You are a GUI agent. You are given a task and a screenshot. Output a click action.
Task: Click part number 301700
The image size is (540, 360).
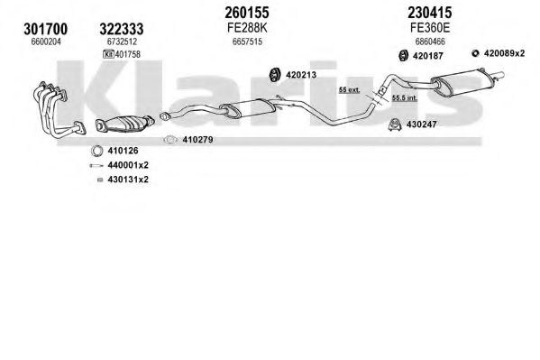click(46, 29)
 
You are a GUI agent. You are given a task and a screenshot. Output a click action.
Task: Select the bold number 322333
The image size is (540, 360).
click(122, 29)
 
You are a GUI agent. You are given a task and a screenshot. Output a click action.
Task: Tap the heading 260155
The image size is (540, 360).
click(247, 13)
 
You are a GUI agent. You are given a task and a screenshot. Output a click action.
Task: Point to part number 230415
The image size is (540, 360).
click(430, 13)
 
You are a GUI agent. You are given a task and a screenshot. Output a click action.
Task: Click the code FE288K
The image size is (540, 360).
click(247, 28)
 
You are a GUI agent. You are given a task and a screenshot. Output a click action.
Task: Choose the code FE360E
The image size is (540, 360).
click(430, 28)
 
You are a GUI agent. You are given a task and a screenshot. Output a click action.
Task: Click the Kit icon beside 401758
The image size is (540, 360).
click(108, 54)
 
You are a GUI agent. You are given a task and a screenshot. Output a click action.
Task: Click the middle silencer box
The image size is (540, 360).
click(248, 106)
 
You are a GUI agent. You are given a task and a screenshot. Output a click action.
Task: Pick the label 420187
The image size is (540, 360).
click(427, 56)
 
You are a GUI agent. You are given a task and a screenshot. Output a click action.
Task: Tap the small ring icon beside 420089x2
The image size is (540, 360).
click(476, 53)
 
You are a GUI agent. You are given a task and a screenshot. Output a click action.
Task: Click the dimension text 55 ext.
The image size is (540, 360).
click(349, 90)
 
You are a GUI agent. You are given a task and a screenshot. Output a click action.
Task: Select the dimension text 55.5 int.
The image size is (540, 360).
click(405, 98)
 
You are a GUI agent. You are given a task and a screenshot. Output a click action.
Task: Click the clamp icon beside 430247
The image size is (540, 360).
click(395, 125)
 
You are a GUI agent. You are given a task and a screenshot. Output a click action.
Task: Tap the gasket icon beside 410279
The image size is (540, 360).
click(170, 140)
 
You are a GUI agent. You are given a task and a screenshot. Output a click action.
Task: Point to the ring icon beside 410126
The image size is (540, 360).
click(97, 151)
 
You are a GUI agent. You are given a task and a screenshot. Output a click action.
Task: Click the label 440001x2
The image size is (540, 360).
click(128, 165)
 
